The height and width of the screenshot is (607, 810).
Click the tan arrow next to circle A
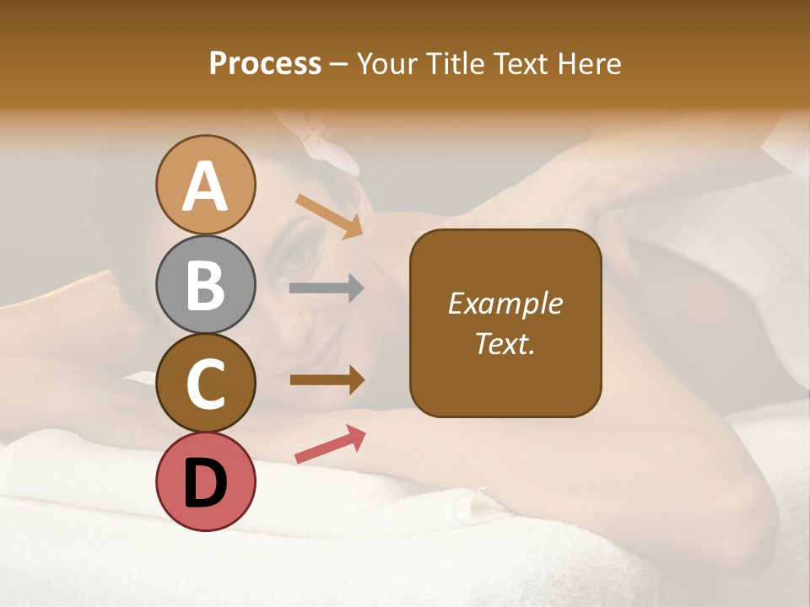click(329, 216)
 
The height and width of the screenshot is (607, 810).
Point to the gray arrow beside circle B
click(327, 288)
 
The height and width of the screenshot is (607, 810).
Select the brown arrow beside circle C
click(327, 380)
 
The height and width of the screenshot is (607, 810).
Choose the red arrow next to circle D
click(330, 444)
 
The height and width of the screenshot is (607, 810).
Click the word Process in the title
click(265, 64)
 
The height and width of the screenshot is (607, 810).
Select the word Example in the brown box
click(505, 303)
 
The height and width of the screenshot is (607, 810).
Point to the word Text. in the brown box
click(505, 343)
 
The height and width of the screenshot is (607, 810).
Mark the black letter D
click(206, 483)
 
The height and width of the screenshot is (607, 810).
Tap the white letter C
click(206, 384)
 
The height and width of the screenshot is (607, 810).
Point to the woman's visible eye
click(297, 254)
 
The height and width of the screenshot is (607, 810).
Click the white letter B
click(206, 285)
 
